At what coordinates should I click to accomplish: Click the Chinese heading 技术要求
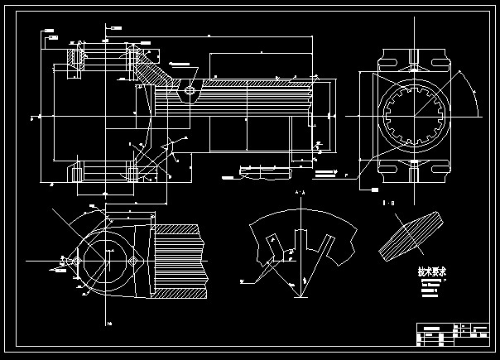[432, 272]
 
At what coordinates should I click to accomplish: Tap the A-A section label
[298, 193]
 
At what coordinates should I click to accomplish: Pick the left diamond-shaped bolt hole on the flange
[75, 261]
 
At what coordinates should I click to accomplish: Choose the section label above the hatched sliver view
[386, 202]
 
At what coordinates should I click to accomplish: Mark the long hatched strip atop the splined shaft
[248, 84]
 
